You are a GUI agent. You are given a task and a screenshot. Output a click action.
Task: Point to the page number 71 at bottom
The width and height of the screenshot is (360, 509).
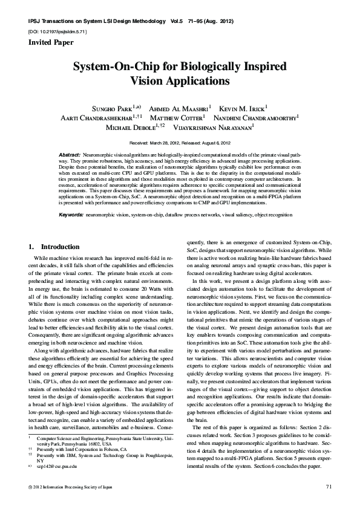329,486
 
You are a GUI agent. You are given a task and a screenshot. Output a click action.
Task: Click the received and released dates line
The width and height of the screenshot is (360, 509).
180,143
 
